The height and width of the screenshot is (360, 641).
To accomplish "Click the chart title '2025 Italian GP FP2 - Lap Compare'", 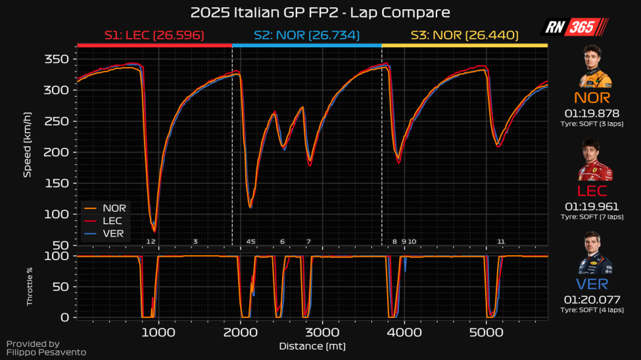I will (320, 12).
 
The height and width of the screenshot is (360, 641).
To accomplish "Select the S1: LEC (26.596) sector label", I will (154, 35).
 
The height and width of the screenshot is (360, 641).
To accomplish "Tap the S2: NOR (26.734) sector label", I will (307, 35).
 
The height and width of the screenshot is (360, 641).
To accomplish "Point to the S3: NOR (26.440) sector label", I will (465, 35).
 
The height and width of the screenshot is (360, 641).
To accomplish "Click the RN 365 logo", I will (574, 27).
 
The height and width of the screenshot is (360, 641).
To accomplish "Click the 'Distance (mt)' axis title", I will (312, 346).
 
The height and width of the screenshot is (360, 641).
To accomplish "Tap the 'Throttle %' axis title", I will (30, 286).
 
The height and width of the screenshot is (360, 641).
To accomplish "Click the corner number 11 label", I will (501, 242).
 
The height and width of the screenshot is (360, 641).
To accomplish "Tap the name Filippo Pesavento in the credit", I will (46, 353).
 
